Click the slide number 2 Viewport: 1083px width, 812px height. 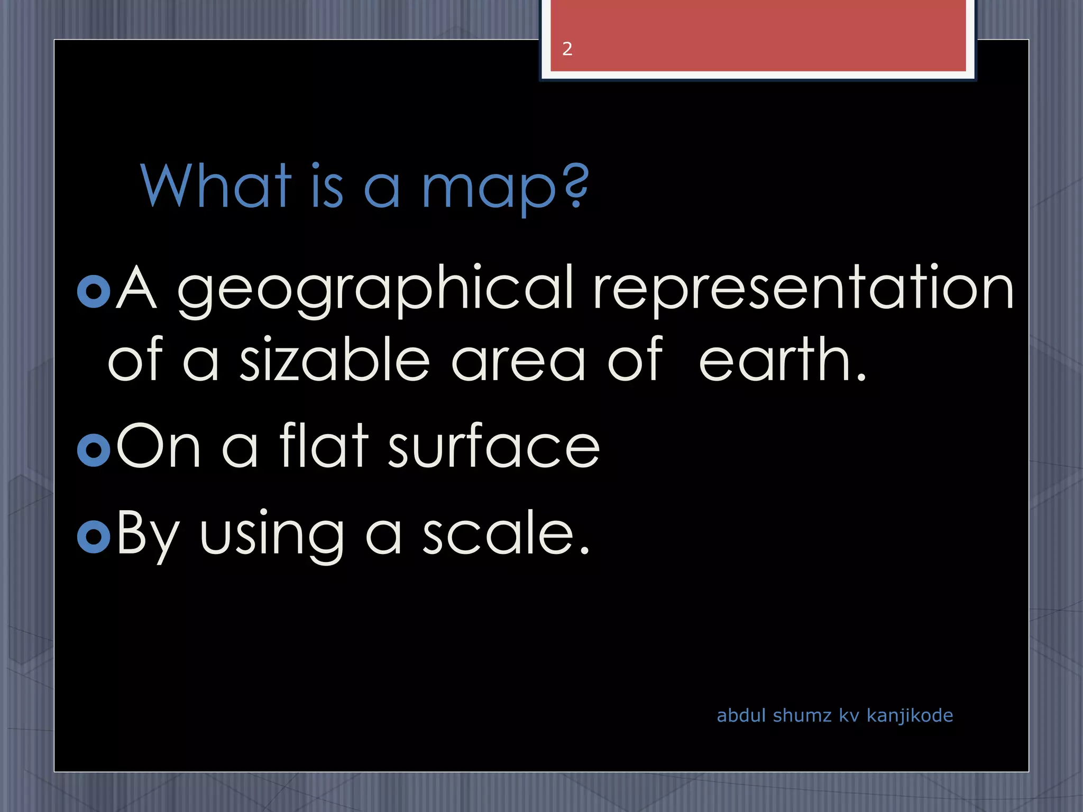(x=567, y=49)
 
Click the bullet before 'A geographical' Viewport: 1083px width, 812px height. (x=94, y=291)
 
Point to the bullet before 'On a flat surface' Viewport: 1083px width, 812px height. (x=94, y=450)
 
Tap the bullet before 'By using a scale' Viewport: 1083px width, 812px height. (x=94, y=536)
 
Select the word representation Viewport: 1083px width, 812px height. (x=803, y=288)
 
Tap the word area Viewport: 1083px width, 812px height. (x=518, y=362)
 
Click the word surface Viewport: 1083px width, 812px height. (x=494, y=447)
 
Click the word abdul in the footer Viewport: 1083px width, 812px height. (x=741, y=715)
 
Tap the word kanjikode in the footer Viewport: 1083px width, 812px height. (x=910, y=715)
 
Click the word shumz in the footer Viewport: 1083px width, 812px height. (x=802, y=715)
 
